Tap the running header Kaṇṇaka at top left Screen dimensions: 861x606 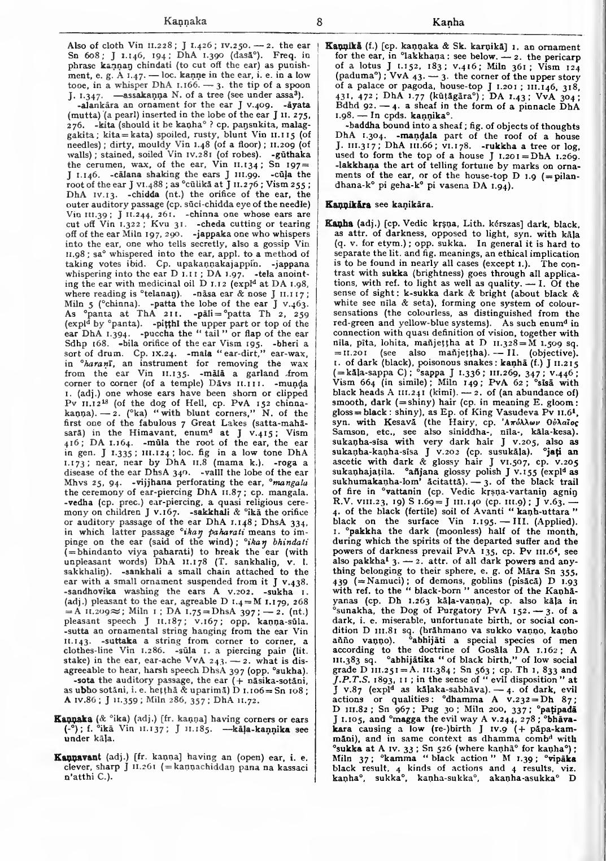pos(185,23)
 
